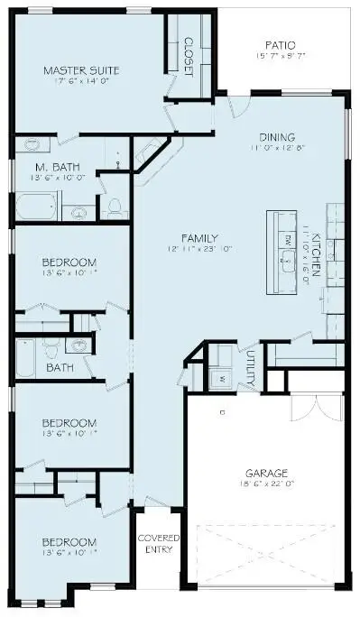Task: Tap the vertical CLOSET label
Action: pyautogui.click(x=189, y=57)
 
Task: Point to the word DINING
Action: pyautogui.click(x=278, y=137)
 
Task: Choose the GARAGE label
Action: pyautogui.click(x=266, y=473)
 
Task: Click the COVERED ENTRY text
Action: pyautogui.click(x=158, y=544)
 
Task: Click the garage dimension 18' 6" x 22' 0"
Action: pyautogui.click(x=266, y=485)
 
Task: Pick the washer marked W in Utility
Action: pyautogui.click(x=220, y=379)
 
